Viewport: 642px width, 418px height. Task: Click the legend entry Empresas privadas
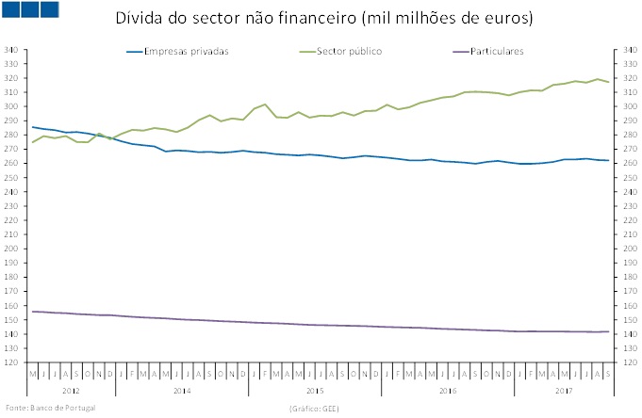pyautogui.click(x=186, y=51)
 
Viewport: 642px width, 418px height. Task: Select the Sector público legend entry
pyautogui.click(x=350, y=51)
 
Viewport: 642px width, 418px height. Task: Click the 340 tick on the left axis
pyautogui.click(x=12, y=49)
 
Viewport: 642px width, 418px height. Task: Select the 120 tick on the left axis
pyautogui.click(x=12, y=362)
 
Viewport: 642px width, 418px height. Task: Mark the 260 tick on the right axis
pyautogui.click(x=627, y=163)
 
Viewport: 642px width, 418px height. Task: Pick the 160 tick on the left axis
pyautogui.click(x=12, y=306)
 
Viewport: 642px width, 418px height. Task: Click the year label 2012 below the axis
pyautogui.click(x=72, y=389)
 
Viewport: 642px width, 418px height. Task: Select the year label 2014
pyautogui.click(x=182, y=389)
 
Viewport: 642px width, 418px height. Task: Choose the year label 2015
pyautogui.click(x=315, y=389)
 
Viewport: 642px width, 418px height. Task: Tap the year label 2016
pyautogui.click(x=448, y=389)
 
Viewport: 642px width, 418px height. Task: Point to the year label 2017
pyautogui.click(x=564, y=389)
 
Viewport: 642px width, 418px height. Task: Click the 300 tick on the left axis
pyautogui.click(x=12, y=106)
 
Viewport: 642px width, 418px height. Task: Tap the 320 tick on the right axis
pyautogui.click(x=627, y=77)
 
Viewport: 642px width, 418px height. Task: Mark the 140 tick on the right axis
pyautogui.click(x=627, y=334)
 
